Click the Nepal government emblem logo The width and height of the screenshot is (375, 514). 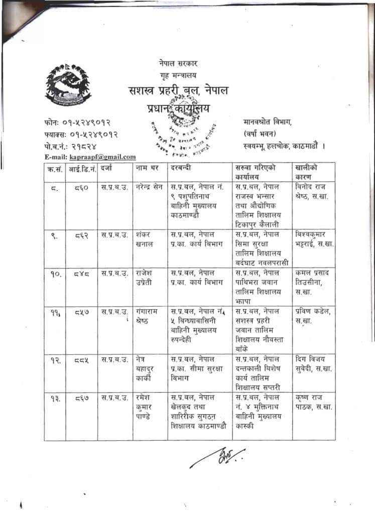(61, 85)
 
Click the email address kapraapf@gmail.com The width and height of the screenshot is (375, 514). (102, 157)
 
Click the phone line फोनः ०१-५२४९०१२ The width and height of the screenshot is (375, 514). (77, 122)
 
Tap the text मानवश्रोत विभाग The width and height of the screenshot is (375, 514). (268, 122)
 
